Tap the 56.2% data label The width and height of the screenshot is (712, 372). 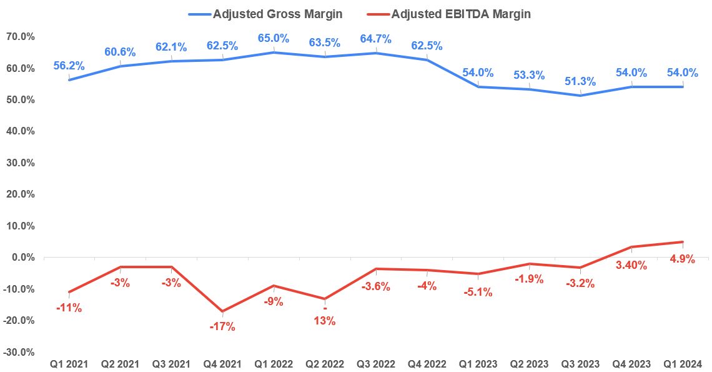click(69, 66)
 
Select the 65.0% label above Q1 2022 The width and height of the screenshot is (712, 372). click(273, 38)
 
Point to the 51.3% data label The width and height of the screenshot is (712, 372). click(580, 81)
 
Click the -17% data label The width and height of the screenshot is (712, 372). click(222, 326)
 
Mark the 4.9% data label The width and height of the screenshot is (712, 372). click(682, 259)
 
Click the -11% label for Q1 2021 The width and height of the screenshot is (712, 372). click(69, 308)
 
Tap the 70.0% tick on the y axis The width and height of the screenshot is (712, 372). click(20, 37)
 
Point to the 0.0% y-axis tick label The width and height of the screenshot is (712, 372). click(22, 258)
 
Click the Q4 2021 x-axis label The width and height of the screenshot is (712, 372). click(222, 364)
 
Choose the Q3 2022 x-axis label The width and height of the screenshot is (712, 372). click(375, 364)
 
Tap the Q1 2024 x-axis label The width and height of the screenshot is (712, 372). click(683, 364)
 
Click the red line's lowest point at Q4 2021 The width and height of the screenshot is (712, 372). click(222, 311)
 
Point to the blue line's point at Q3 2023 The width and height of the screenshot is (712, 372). click(580, 96)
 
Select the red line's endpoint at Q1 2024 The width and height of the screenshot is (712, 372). click(683, 242)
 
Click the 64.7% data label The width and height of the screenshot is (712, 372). click(375, 39)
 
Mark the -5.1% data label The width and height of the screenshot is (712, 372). click(478, 292)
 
